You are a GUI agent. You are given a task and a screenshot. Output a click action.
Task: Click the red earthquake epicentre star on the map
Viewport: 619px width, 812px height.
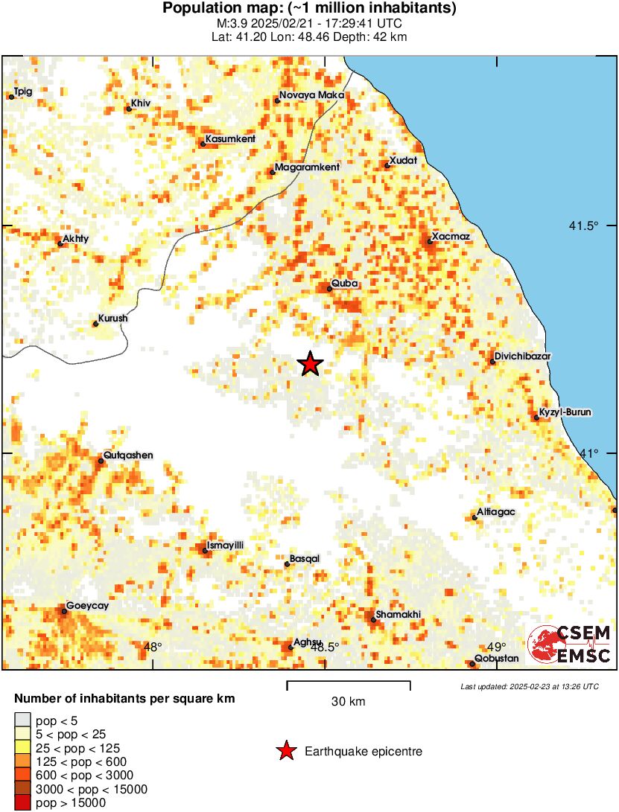pyautogui.click(x=311, y=364)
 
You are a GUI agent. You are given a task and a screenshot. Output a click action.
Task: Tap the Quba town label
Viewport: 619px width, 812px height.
pyautogui.click(x=346, y=284)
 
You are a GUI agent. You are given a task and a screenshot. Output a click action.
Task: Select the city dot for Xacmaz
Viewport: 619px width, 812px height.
pyautogui.click(x=430, y=242)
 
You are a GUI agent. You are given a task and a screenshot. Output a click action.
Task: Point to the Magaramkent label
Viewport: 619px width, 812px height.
pyautogui.click(x=307, y=167)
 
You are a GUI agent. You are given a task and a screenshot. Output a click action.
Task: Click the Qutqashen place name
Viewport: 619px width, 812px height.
pyautogui.click(x=129, y=455)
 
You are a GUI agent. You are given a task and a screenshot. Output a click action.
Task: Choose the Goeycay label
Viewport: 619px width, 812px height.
pyautogui.click(x=88, y=607)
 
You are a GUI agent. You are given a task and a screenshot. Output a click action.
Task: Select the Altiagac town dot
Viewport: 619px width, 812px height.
pyautogui.click(x=474, y=518)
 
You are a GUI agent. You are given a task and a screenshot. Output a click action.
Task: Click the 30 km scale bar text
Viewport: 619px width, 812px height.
pyautogui.click(x=348, y=702)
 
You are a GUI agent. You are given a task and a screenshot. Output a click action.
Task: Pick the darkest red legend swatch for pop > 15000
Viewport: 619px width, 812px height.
pyautogui.click(x=23, y=802)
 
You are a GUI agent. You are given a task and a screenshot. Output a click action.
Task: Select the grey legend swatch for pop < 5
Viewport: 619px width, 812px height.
pyautogui.click(x=23, y=720)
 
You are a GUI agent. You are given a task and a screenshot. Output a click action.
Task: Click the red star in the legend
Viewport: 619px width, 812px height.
pyautogui.click(x=285, y=752)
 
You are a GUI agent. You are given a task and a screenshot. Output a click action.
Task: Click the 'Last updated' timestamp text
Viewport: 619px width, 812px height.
pyautogui.click(x=529, y=686)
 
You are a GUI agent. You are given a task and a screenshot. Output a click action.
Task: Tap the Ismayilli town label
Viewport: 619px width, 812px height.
pyautogui.click(x=225, y=546)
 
